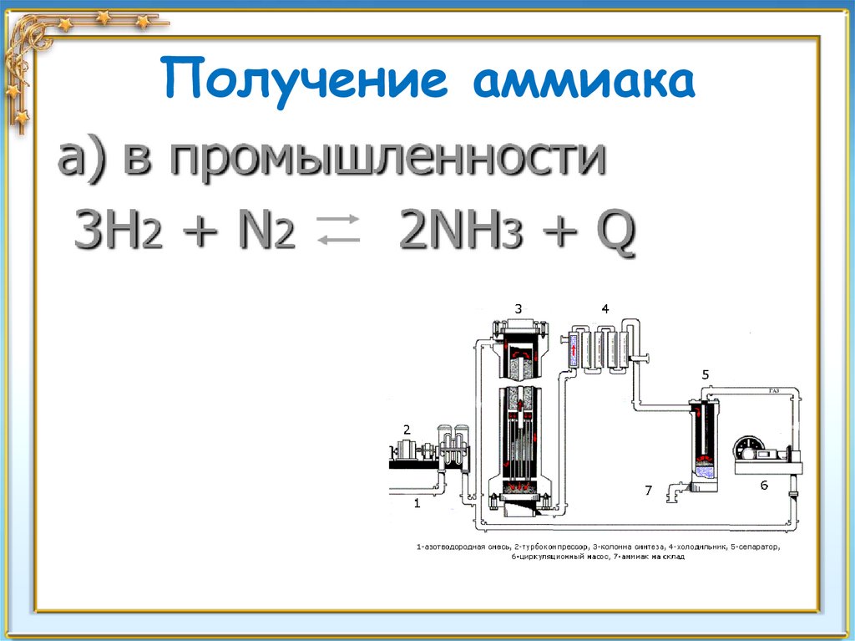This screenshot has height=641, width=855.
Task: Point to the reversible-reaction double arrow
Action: click(338, 230)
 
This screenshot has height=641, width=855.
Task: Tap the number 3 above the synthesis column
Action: click(519, 309)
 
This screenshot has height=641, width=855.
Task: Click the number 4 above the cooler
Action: click(604, 309)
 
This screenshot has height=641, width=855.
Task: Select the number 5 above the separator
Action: click(706, 375)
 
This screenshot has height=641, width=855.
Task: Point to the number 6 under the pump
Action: click(763, 485)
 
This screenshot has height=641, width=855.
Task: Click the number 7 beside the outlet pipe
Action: click(647, 491)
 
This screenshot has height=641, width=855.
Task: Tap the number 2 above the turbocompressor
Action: click(407, 430)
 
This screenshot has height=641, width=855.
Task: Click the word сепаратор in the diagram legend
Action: click(754, 547)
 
